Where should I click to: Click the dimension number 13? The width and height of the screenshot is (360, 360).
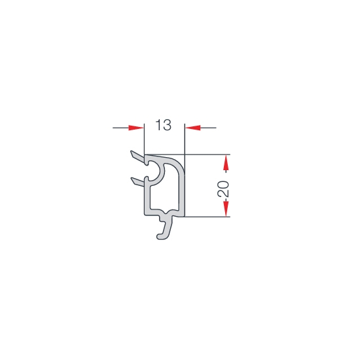click(x=163, y=125)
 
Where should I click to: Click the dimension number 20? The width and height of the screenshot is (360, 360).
click(x=223, y=189)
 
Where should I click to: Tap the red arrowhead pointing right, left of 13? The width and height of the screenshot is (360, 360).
click(x=136, y=128)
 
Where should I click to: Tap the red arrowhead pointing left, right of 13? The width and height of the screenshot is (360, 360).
click(x=193, y=128)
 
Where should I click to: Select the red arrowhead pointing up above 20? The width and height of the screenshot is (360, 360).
click(x=226, y=163)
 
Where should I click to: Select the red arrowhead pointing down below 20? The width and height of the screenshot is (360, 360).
click(x=226, y=208)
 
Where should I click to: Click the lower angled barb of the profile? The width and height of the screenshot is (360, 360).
click(x=137, y=181)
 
